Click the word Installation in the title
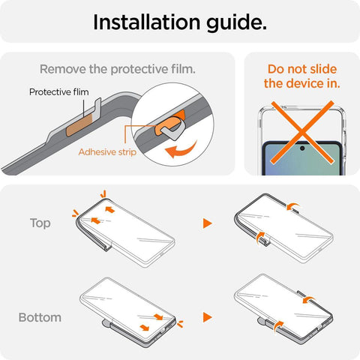[x=147, y=22]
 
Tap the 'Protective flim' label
[x=59, y=92]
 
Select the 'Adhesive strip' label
[x=107, y=152]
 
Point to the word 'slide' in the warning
[x=320, y=69]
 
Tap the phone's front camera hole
[x=302, y=148]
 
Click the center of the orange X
[x=302, y=132]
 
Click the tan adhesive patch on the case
[x=79, y=124]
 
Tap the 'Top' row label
[x=40, y=223]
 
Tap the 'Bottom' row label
[x=40, y=317]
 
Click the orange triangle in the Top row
[x=207, y=223]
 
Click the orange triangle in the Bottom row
[x=207, y=317]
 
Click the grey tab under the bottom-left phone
[x=106, y=324]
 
